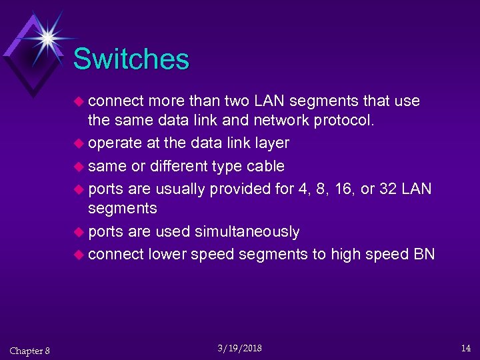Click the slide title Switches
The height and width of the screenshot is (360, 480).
(x=131, y=59)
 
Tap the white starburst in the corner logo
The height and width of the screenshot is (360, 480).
(x=47, y=37)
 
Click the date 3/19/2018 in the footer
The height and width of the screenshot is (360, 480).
(x=240, y=348)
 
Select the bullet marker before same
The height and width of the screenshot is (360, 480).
(x=80, y=166)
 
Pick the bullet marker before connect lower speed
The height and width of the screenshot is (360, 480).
(x=80, y=254)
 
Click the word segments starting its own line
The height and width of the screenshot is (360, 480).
(x=123, y=209)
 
